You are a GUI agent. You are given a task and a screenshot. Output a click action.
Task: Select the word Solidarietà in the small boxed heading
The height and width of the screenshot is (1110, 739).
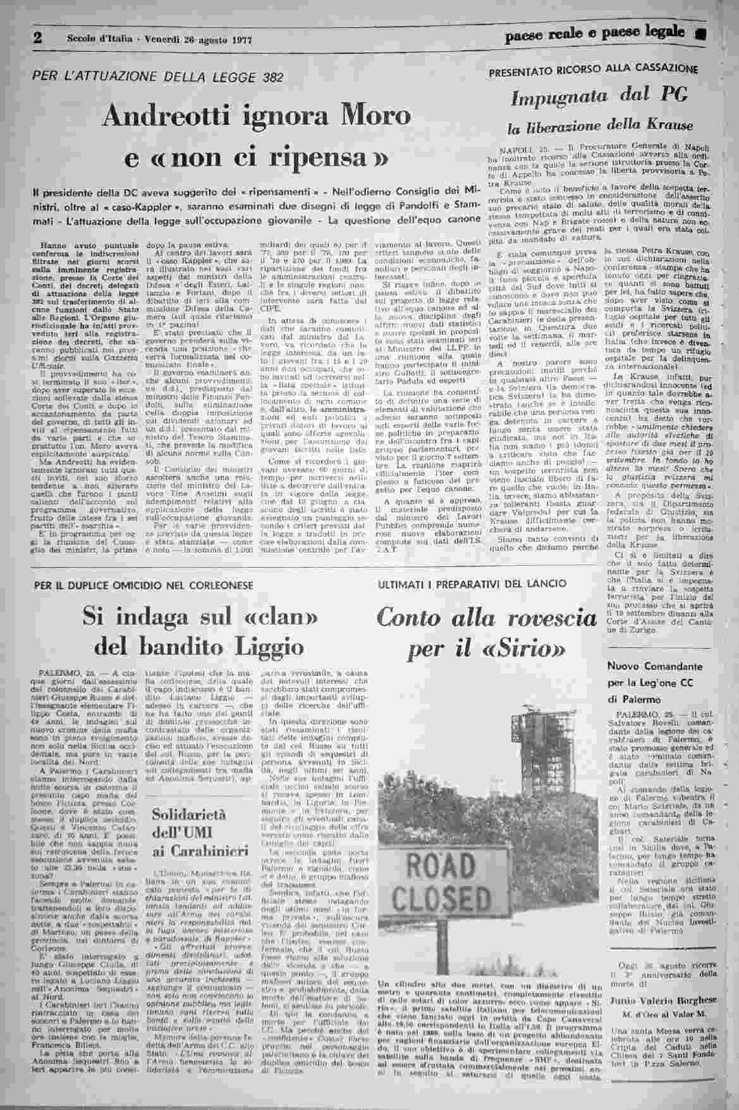point(184,817)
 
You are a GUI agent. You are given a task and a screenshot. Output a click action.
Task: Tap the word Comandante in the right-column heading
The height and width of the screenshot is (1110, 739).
point(655,667)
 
